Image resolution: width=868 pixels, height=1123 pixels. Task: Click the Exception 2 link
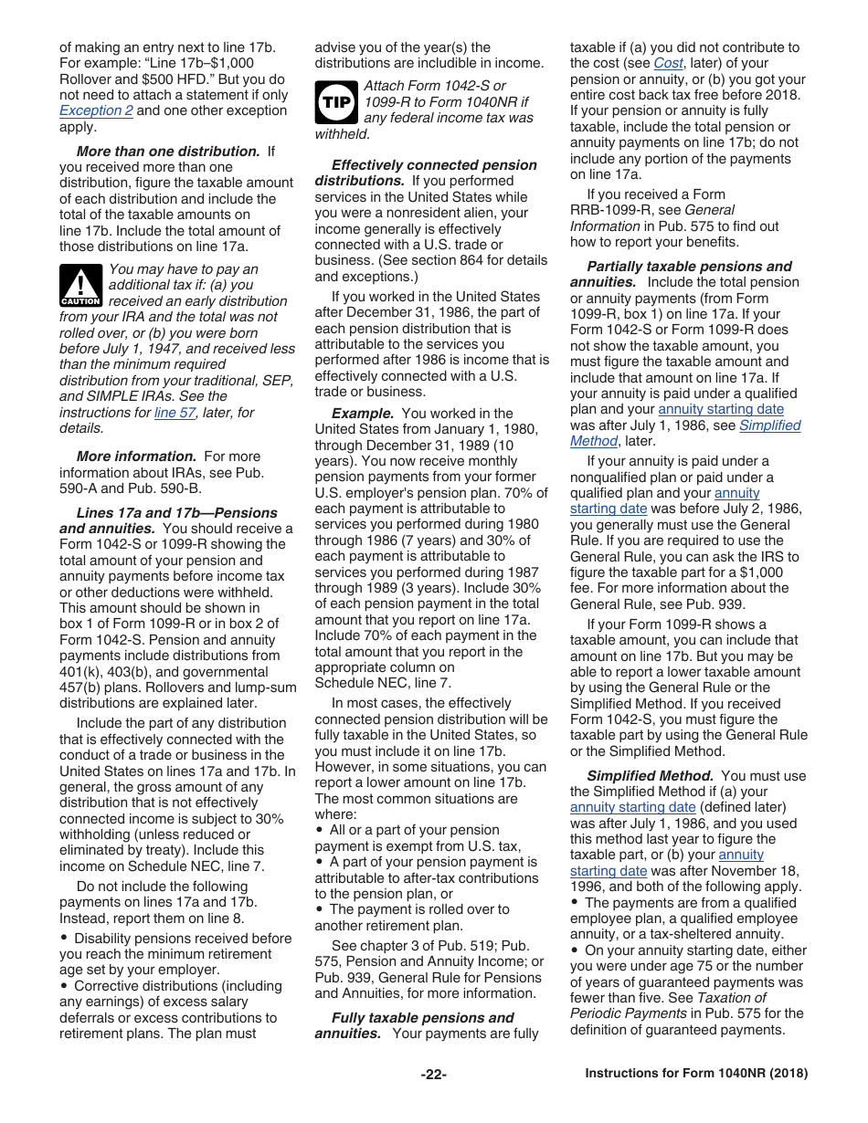(x=96, y=110)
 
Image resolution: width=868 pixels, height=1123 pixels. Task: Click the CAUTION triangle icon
(x=80, y=286)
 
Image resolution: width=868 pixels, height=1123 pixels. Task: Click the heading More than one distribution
(x=168, y=152)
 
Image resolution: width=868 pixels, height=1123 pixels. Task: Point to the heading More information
(x=136, y=457)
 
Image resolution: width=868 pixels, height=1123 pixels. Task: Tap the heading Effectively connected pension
(x=434, y=165)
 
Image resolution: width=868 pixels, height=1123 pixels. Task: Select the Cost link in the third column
(x=668, y=63)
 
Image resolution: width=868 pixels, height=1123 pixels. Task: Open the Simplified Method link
(x=769, y=425)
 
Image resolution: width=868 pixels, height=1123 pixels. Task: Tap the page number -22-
(x=433, y=1075)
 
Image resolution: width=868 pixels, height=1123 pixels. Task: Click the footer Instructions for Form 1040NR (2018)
(x=696, y=1075)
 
